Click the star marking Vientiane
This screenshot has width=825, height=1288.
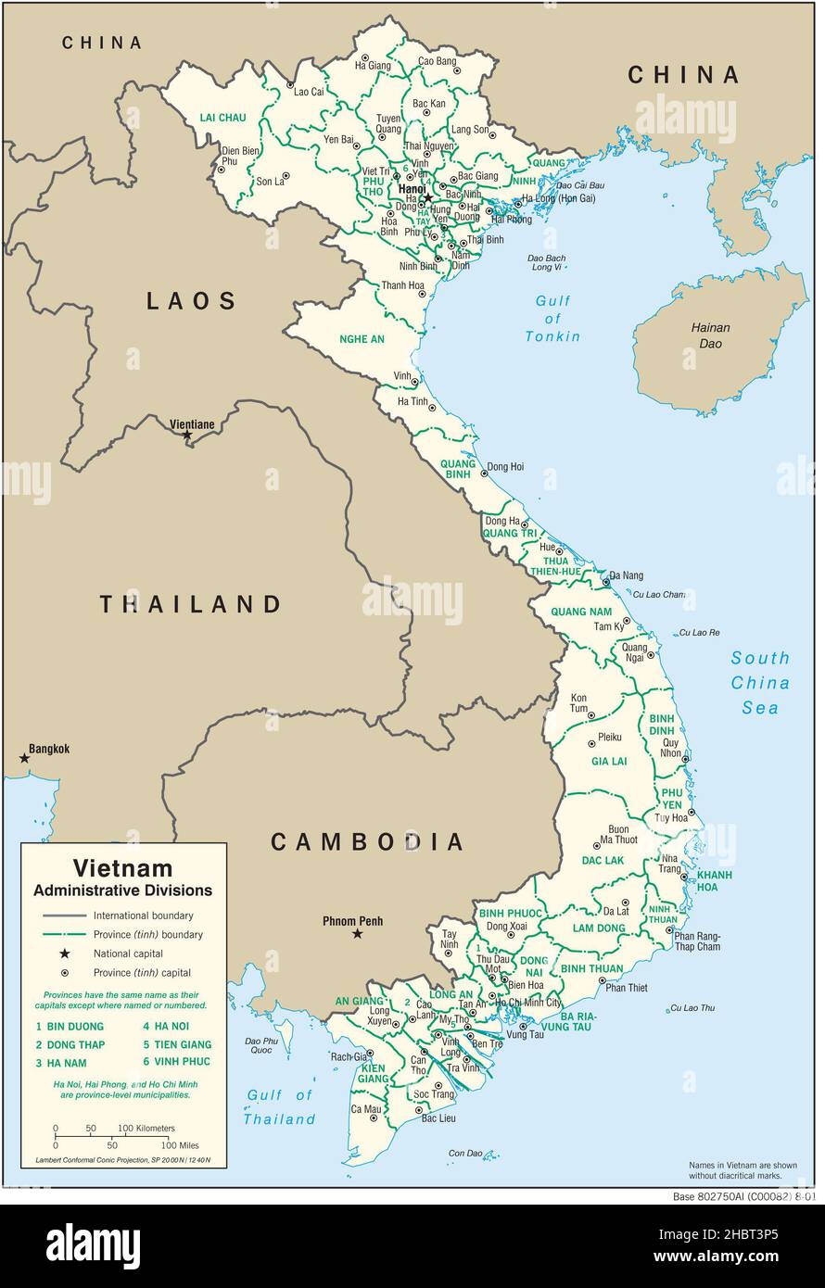click(x=187, y=435)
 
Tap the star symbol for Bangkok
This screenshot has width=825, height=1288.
click(x=25, y=758)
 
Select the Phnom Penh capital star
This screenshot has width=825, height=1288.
click(x=357, y=934)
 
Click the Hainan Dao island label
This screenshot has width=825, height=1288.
click(x=710, y=335)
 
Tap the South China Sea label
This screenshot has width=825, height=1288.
click(x=760, y=683)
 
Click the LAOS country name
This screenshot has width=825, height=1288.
click(x=191, y=300)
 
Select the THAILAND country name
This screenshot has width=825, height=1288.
click(x=191, y=605)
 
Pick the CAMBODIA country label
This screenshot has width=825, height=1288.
click(x=367, y=841)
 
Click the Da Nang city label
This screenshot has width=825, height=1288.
click(x=627, y=575)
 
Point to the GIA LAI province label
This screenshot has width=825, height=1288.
click(x=609, y=761)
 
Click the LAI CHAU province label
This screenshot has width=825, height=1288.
click(x=222, y=118)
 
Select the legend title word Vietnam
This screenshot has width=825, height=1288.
click(x=122, y=868)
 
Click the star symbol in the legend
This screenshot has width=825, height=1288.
click(x=65, y=953)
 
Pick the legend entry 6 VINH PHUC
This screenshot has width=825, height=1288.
click(x=176, y=1061)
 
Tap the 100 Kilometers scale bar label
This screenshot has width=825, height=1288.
click(x=146, y=1128)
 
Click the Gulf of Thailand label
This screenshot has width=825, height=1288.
click(x=280, y=1107)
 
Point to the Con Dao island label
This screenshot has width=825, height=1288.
click(x=465, y=1154)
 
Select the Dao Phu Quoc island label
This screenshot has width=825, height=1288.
click(x=261, y=1045)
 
